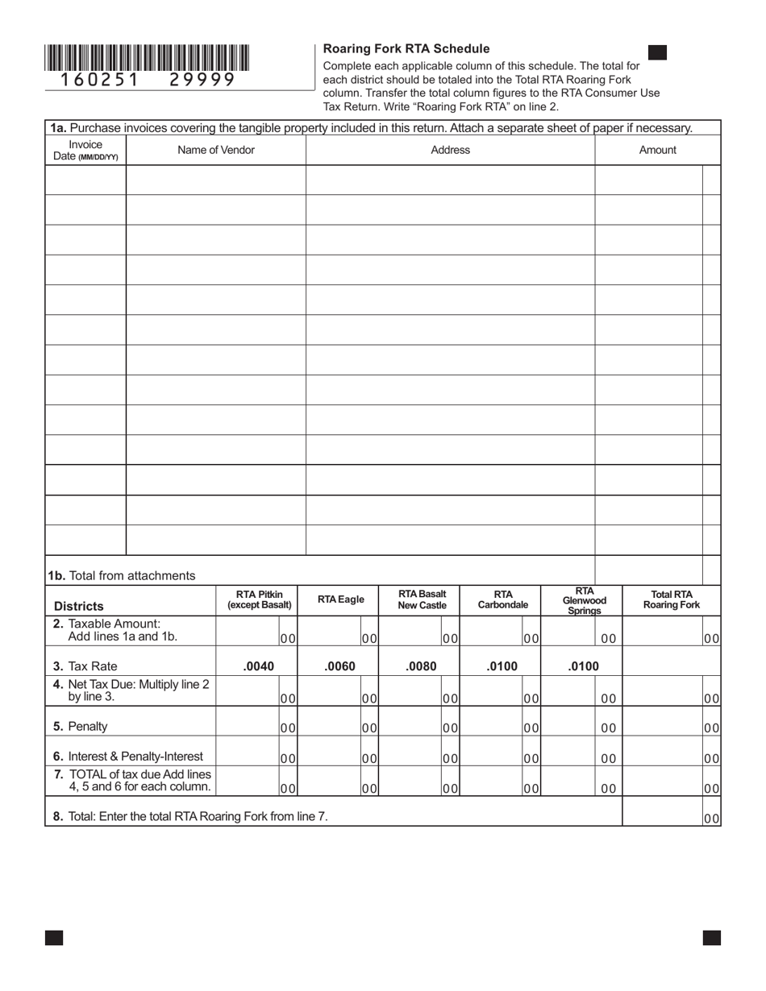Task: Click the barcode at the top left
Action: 147,58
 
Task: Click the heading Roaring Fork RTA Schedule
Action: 406,48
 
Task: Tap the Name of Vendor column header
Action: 216,150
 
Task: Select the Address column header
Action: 450,150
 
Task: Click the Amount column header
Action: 657,150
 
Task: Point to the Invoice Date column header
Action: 85,151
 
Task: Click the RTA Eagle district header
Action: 340,599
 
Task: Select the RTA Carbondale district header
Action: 503,599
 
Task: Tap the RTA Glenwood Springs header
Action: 584,600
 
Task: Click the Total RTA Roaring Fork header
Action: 671,599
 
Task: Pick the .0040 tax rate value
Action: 258,666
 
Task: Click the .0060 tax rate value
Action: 339,666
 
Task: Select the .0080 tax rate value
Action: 421,666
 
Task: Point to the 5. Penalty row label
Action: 81,726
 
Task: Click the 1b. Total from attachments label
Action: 121,575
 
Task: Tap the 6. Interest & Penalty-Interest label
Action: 128,757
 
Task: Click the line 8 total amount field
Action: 663,812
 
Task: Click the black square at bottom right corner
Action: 711,937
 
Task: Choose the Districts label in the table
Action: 79,606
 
